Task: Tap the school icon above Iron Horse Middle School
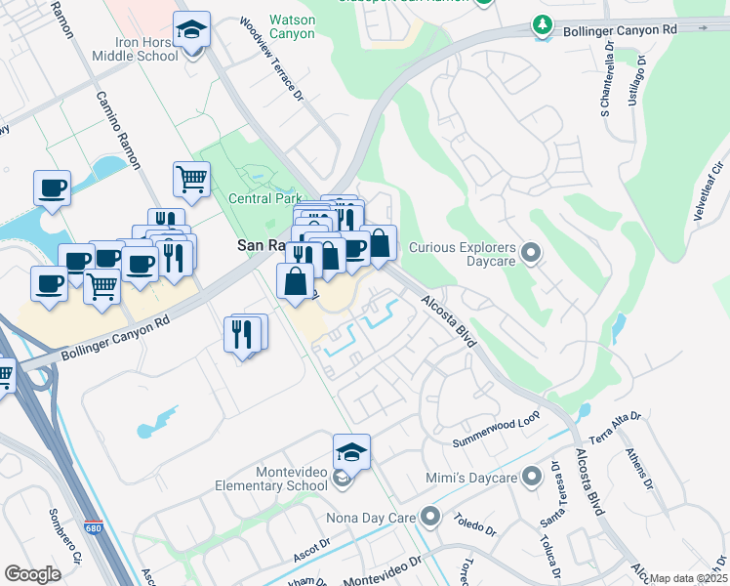click(192, 32)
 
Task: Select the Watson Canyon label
click(292, 26)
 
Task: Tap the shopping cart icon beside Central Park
click(192, 179)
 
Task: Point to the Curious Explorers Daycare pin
click(531, 254)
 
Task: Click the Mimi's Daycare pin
click(531, 478)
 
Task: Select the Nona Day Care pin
click(431, 516)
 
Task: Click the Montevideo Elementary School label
click(278, 479)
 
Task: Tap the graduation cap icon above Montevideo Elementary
click(351, 452)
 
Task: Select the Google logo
click(32, 574)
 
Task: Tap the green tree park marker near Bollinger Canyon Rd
click(541, 23)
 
